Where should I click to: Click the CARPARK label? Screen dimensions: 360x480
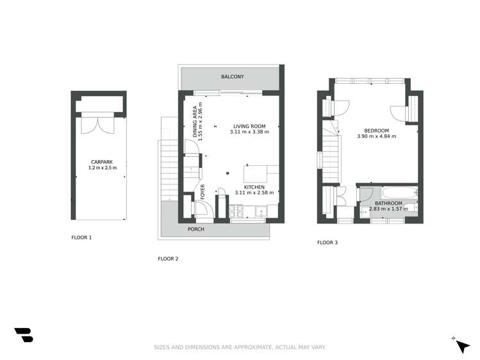(98, 162)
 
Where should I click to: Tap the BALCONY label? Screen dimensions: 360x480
(232, 77)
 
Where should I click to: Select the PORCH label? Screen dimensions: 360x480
(195, 229)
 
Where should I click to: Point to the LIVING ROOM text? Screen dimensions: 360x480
(249, 126)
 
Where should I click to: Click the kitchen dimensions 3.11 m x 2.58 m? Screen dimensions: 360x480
(254, 192)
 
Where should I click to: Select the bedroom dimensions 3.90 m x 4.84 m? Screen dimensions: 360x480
(376, 136)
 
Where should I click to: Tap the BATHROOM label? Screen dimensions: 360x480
(388, 203)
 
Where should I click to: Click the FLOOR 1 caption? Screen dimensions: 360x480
(81, 237)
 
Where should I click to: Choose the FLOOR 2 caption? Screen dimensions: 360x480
(168, 259)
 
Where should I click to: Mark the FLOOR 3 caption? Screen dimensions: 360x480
(327, 243)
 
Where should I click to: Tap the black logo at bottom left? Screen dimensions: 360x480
(23, 335)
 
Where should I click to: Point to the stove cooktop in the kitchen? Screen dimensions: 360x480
(238, 211)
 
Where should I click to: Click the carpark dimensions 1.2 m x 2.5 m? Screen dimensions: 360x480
(98, 168)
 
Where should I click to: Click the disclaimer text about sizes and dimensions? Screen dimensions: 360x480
(240, 347)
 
